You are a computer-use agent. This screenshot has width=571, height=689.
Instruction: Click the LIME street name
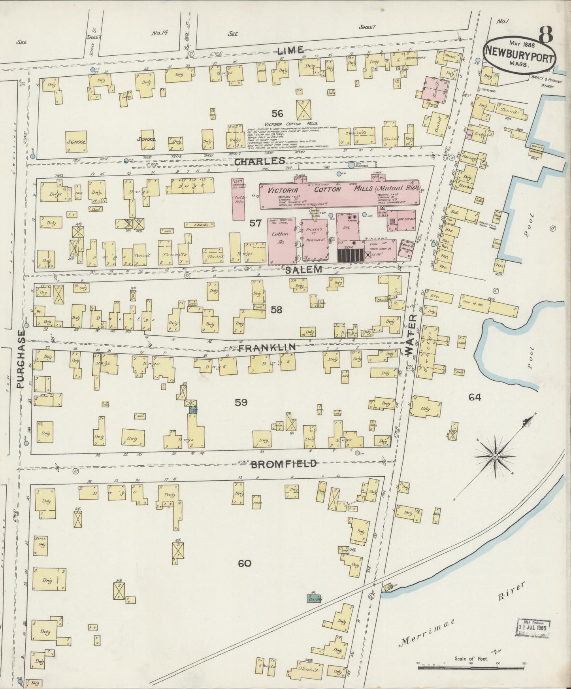290,50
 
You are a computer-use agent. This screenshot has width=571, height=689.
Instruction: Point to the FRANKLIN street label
267,347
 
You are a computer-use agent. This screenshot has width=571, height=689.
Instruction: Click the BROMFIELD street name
284,464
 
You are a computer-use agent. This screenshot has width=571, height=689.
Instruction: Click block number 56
277,114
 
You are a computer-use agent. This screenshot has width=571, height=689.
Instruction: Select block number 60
245,564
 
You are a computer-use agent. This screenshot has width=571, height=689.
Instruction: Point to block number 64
475,398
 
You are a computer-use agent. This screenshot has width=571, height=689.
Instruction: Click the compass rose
494,457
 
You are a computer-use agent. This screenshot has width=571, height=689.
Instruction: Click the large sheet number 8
545,38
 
